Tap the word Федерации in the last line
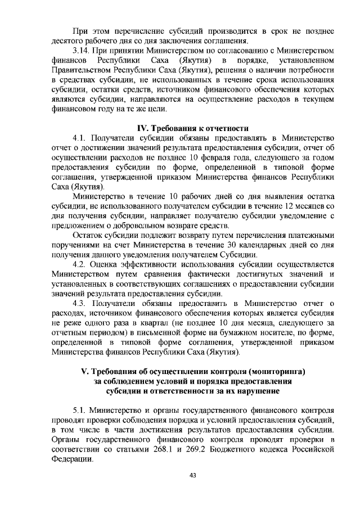point(71,460)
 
